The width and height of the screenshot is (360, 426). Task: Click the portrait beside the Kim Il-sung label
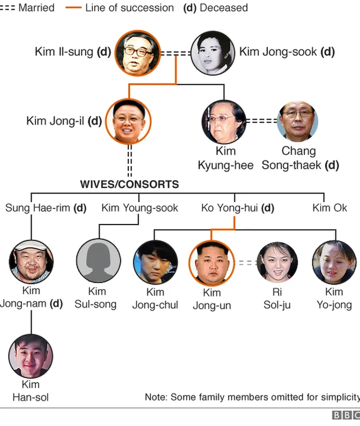point(137,53)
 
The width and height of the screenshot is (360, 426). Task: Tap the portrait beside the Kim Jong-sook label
point(213,53)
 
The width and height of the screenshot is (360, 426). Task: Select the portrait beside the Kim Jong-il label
point(128,120)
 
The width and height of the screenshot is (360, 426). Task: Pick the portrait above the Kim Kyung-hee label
point(224,121)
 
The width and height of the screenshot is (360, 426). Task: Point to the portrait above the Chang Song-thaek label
point(298,121)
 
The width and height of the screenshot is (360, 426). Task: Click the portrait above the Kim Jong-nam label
point(31,262)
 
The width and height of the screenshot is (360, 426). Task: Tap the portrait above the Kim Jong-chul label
point(155,262)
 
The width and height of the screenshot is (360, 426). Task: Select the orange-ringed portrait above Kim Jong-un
point(212,263)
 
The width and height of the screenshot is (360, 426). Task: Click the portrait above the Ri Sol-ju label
point(277,262)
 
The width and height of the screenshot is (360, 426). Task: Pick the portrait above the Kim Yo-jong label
point(334,262)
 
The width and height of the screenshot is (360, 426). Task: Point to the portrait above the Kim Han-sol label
point(31,356)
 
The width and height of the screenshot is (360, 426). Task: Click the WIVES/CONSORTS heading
point(129,184)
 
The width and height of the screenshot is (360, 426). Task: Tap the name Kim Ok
point(330,208)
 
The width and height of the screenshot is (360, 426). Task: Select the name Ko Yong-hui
point(237,208)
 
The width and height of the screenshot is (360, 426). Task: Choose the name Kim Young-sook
point(139,208)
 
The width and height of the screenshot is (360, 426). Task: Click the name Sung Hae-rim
point(46,208)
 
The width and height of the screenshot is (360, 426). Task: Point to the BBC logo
point(345,415)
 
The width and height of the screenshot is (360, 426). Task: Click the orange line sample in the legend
point(74,8)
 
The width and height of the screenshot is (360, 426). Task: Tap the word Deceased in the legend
point(223,8)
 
